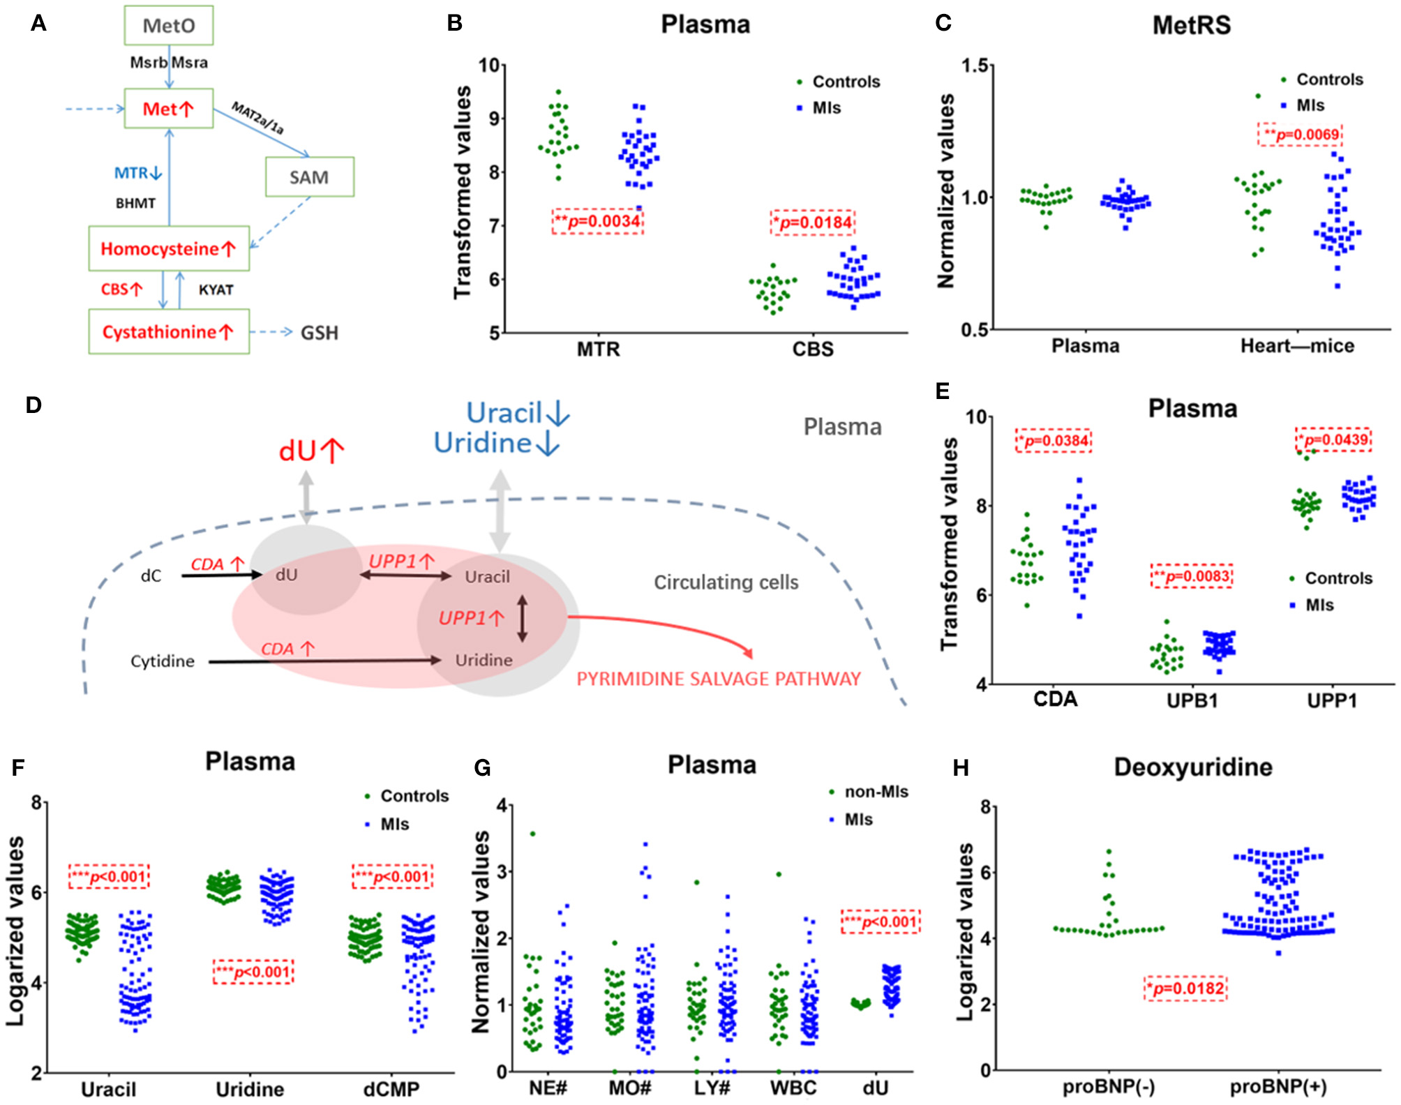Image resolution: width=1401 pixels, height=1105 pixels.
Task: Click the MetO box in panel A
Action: pos(169,26)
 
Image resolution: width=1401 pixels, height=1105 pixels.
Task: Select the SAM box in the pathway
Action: pos(309,177)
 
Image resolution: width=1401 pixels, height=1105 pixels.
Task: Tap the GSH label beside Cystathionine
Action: pos(319,333)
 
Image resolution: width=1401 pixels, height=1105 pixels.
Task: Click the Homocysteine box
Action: pos(169,249)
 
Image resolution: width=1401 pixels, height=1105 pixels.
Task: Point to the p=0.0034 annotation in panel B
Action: pos(598,222)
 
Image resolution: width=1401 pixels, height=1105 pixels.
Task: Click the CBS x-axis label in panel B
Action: pos(813,349)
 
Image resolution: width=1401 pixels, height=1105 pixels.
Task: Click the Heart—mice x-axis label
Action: pos(1297,346)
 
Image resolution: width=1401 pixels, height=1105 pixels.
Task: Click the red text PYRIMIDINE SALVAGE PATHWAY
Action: pos(719,679)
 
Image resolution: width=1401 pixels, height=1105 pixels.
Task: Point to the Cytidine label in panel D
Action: pos(163,661)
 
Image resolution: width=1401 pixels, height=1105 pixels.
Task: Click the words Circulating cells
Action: pos(726,582)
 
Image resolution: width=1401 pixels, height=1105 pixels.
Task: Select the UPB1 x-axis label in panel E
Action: pos(1192,700)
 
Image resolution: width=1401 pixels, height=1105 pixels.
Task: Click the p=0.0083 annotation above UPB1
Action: pos(1192,576)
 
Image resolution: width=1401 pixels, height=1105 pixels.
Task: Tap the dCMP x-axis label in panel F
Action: pos(391,1089)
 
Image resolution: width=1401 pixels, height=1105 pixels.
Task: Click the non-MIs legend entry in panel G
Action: pos(876,792)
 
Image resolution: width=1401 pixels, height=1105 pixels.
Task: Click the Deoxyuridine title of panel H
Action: pos(1193,767)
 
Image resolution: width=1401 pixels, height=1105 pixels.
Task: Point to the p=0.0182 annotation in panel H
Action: pos(1185,989)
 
